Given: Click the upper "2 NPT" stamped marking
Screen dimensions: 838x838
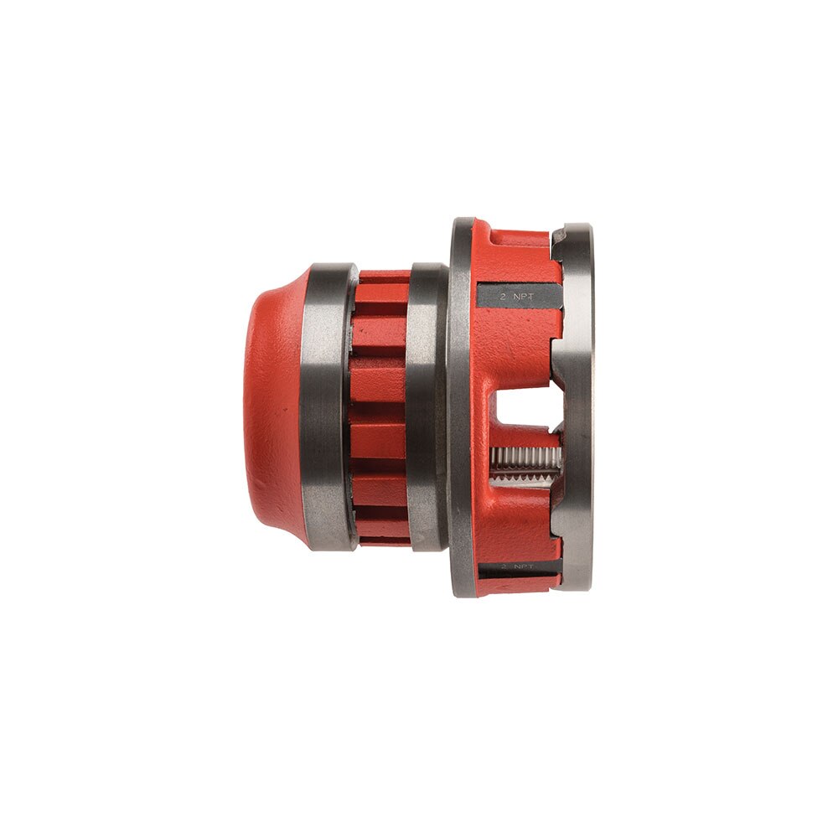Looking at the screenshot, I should point(517,297).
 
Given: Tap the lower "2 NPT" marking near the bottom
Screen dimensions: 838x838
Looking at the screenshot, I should point(517,567).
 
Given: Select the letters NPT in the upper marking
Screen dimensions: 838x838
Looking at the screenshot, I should point(525,297).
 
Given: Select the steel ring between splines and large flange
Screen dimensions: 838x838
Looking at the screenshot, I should point(427,406).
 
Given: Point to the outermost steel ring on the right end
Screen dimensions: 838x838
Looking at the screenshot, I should point(577,406).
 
